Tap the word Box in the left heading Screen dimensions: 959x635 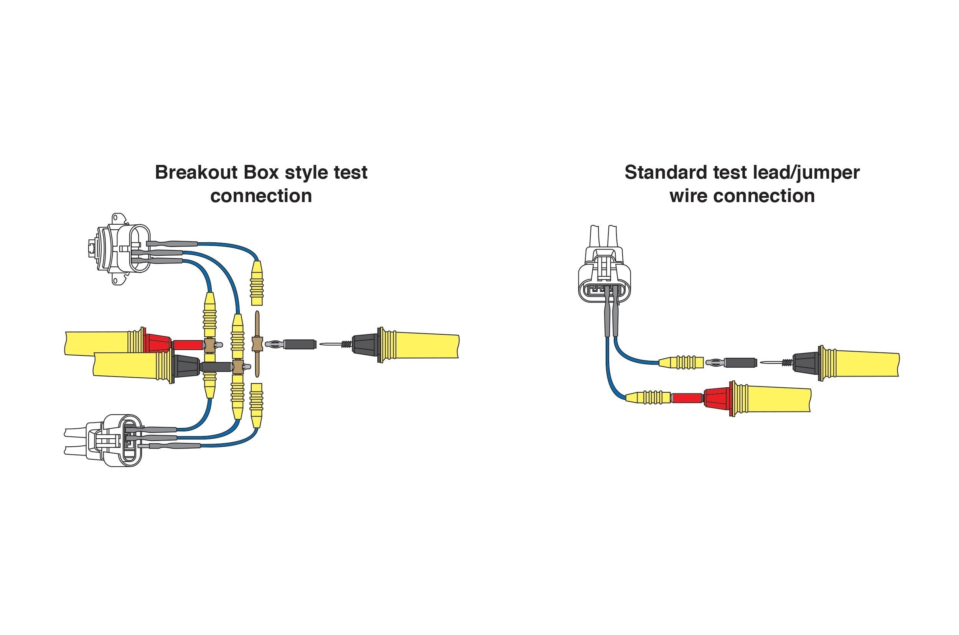pos(261,172)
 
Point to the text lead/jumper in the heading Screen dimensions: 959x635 pos(806,173)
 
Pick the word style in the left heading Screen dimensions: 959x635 pos(306,173)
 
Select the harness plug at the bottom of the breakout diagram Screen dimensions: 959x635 pos(103,440)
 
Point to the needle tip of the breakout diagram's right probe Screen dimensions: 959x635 pos(320,344)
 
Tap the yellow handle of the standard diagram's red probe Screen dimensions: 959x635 pos(772,399)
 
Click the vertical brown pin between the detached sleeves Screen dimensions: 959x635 pos(257,344)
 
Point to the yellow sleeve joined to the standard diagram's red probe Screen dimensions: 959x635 pos(648,397)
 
